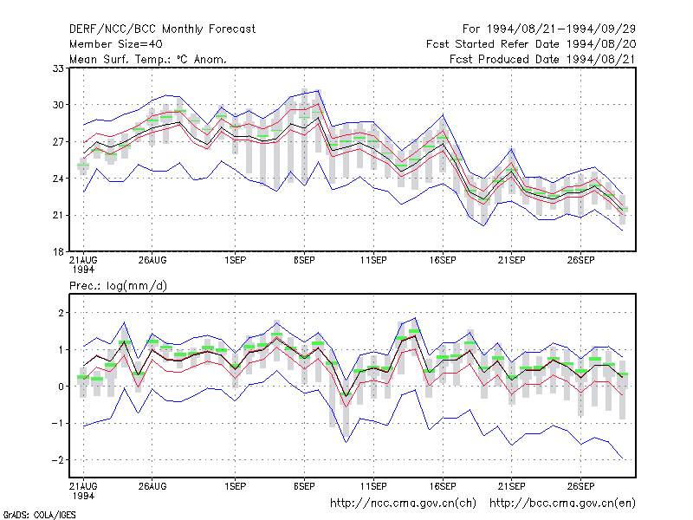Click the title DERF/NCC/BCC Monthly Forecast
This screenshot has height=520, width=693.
point(162,29)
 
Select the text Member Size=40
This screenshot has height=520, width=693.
point(116,44)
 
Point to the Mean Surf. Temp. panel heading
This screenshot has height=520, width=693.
point(147,59)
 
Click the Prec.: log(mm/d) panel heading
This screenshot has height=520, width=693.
point(118,286)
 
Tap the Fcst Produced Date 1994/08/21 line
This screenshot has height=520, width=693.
point(543,59)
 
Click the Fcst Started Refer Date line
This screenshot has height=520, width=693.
point(531,44)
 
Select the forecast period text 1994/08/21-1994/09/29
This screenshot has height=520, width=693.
point(561,29)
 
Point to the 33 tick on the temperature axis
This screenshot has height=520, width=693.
point(58,68)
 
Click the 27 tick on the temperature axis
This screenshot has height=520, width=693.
point(58,142)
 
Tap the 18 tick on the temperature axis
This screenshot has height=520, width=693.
point(58,252)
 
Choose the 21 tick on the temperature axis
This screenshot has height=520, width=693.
point(58,215)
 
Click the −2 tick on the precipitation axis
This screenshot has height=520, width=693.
point(57,460)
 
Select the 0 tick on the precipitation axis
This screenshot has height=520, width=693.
point(61,387)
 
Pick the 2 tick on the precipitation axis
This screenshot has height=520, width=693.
point(61,313)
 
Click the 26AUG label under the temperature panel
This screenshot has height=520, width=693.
point(152,261)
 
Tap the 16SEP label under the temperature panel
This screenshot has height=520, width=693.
point(443,261)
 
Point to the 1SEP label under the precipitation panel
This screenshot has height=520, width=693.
point(235,486)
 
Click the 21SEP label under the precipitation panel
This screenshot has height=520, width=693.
point(512,486)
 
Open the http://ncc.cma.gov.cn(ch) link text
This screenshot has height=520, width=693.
point(403,504)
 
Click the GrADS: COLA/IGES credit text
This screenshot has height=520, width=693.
point(39,515)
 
